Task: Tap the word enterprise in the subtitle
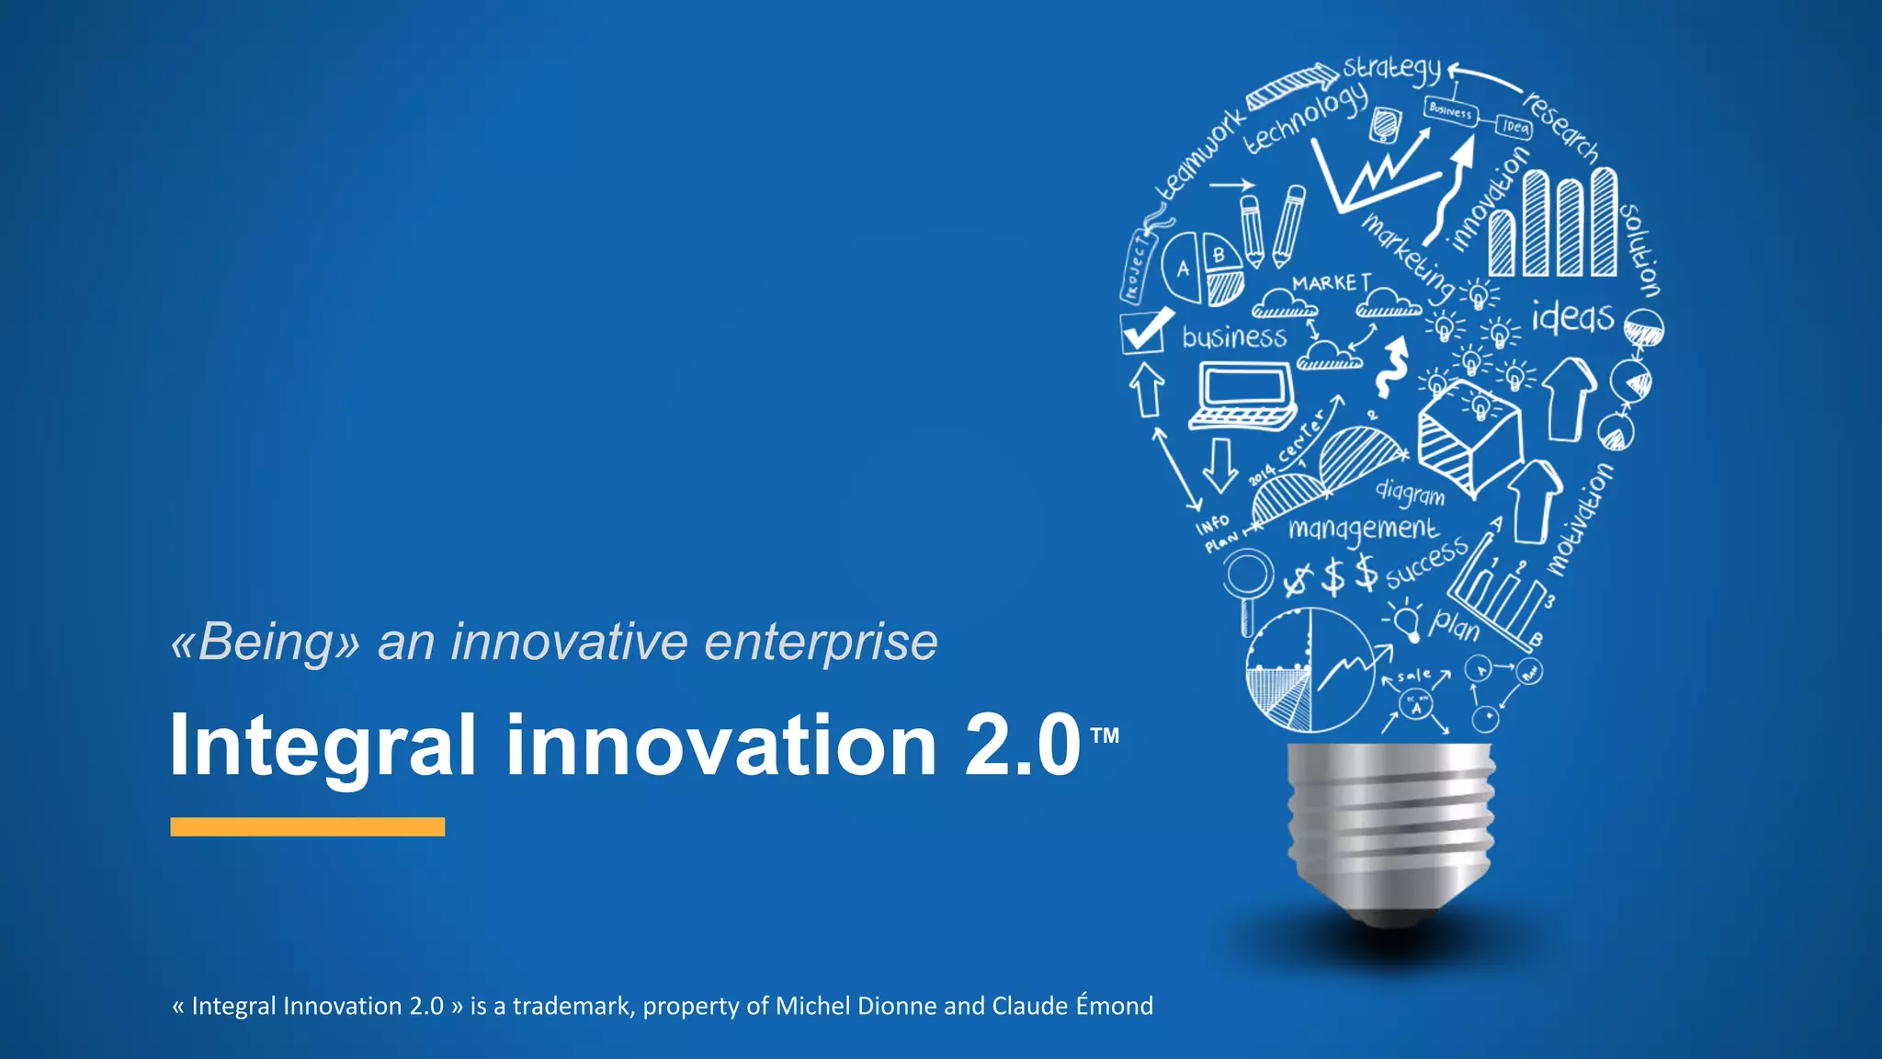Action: click(x=821, y=642)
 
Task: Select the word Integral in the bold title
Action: click(x=323, y=745)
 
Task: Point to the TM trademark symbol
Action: click(x=1105, y=735)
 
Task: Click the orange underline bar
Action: click(x=307, y=826)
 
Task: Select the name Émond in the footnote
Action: click(x=1114, y=1005)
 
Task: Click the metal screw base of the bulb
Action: click(x=1390, y=827)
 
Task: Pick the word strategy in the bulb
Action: click(x=1391, y=68)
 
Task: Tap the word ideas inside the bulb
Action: click(x=1572, y=317)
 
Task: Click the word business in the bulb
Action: click(x=1234, y=337)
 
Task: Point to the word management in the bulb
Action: click(x=1363, y=529)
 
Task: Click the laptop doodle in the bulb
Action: click(x=1243, y=395)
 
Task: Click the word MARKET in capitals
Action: click(x=1332, y=282)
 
